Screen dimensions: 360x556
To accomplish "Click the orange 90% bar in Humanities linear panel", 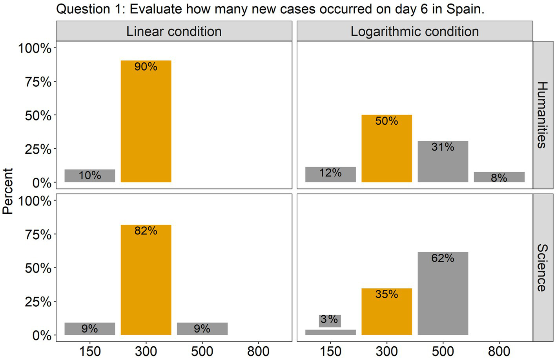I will (x=146, y=125).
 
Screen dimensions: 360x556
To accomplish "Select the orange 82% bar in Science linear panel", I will (x=146, y=282).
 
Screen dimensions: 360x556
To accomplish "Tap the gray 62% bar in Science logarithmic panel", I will (x=443, y=298).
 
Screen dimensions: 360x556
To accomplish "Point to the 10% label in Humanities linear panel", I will (x=90, y=175).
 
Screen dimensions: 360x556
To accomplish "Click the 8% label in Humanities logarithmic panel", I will (x=499, y=178).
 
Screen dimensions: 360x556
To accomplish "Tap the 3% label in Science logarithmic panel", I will (x=329, y=320).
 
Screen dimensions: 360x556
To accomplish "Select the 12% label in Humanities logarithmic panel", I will (x=330, y=173).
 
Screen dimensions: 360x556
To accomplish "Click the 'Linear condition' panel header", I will (x=174, y=31).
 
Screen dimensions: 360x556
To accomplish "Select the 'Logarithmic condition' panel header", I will (x=414, y=31).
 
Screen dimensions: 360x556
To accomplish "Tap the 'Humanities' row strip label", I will (x=541, y=115).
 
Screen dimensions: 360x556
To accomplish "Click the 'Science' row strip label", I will (x=541, y=268).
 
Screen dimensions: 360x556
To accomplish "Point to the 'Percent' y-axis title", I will (x=8, y=191).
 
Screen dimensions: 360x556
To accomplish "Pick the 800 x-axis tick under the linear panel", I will (x=258, y=351).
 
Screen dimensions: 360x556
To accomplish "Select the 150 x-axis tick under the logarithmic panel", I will (x=330, y=351).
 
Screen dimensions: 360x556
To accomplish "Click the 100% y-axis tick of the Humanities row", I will (x=35, y=48).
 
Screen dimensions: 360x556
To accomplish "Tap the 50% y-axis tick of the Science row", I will (x=38, y=268).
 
